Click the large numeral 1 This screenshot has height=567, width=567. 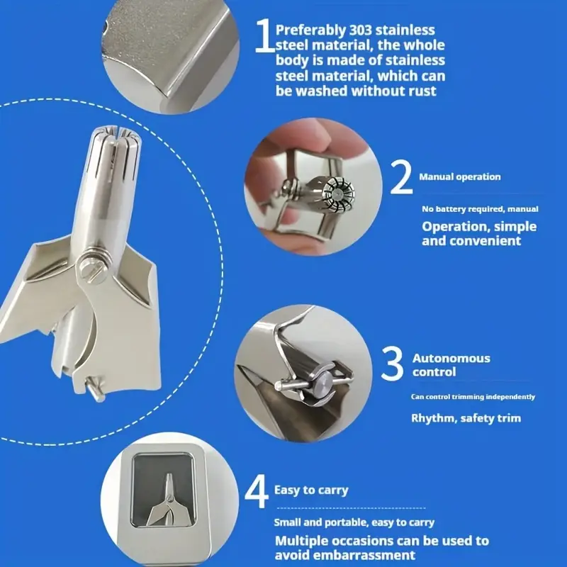point(264,35)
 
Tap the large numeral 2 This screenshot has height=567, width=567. point(401,177)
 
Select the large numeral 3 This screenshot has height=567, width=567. point(393,364)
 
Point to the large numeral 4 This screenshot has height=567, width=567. point(257,491)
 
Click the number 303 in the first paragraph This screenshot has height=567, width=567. point(360,30)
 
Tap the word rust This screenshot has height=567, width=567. point(422,91)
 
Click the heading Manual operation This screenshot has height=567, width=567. point(459,176)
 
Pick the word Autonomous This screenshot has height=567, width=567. point(451,358)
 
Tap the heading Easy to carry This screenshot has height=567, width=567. point(311,490)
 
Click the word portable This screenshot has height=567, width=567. point(346,522)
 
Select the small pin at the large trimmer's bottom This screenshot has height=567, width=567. point(96,388)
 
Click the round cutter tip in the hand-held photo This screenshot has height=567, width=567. point(338,193)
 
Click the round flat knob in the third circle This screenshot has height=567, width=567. point(323,383)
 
